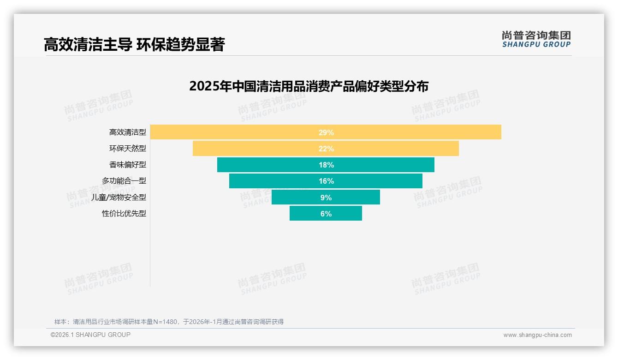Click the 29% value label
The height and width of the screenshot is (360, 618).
pyautogui.click(x=326, y=132)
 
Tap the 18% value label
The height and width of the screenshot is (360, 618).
pyautogui.click(x=326, y=165)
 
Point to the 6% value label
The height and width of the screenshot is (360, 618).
pyautogui.click(x=326, y=214)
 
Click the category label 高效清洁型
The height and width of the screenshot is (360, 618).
pyautogui.click(x=127, y=132)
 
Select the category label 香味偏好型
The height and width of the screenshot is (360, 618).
pyautogui.click(x=127, y=165)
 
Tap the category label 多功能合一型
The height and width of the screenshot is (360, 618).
pyautogui.click(x=124, y=181)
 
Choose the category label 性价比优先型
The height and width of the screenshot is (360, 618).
pyautogui.click(x=124, y=214)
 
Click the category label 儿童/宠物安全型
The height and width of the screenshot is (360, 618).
pyautogui.click(x=119, y=197)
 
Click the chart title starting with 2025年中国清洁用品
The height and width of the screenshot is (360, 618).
pyautogui.click(x=309, y=86)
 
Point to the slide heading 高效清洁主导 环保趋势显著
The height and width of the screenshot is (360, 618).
pyautogui.click(x=134, y=45)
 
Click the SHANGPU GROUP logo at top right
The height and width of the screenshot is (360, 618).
pyautogui.click(x=536, y=39)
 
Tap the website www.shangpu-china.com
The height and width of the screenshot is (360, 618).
pyautogui.click(x=537, y=335)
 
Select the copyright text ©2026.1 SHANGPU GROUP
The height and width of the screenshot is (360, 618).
pyautogui.click(x=90, y=335)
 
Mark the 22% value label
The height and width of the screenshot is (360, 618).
pyautogui.click(x=326, y=149)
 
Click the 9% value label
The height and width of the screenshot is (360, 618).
pyautogui.click(x=326, y=198)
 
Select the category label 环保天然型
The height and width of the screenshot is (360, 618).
pyautogui.click(x=127, y=149)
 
